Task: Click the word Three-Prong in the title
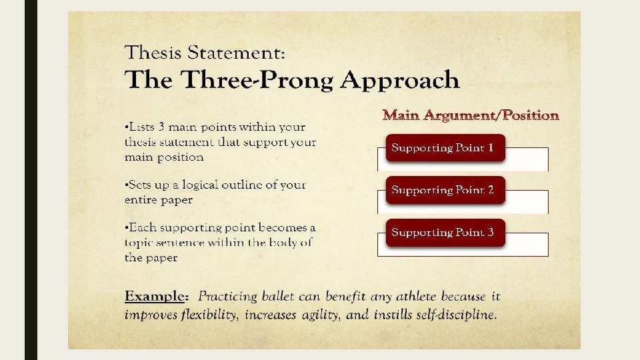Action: point(257,79)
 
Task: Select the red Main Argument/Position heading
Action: point(471,115)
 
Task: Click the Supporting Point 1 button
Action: point(445,148)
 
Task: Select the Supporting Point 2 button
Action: point(445,190)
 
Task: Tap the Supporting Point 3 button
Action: point(445,233)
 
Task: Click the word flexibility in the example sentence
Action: point(209,315)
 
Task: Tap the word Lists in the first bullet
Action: point(141,127)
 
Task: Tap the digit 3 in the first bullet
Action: point(161,127)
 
